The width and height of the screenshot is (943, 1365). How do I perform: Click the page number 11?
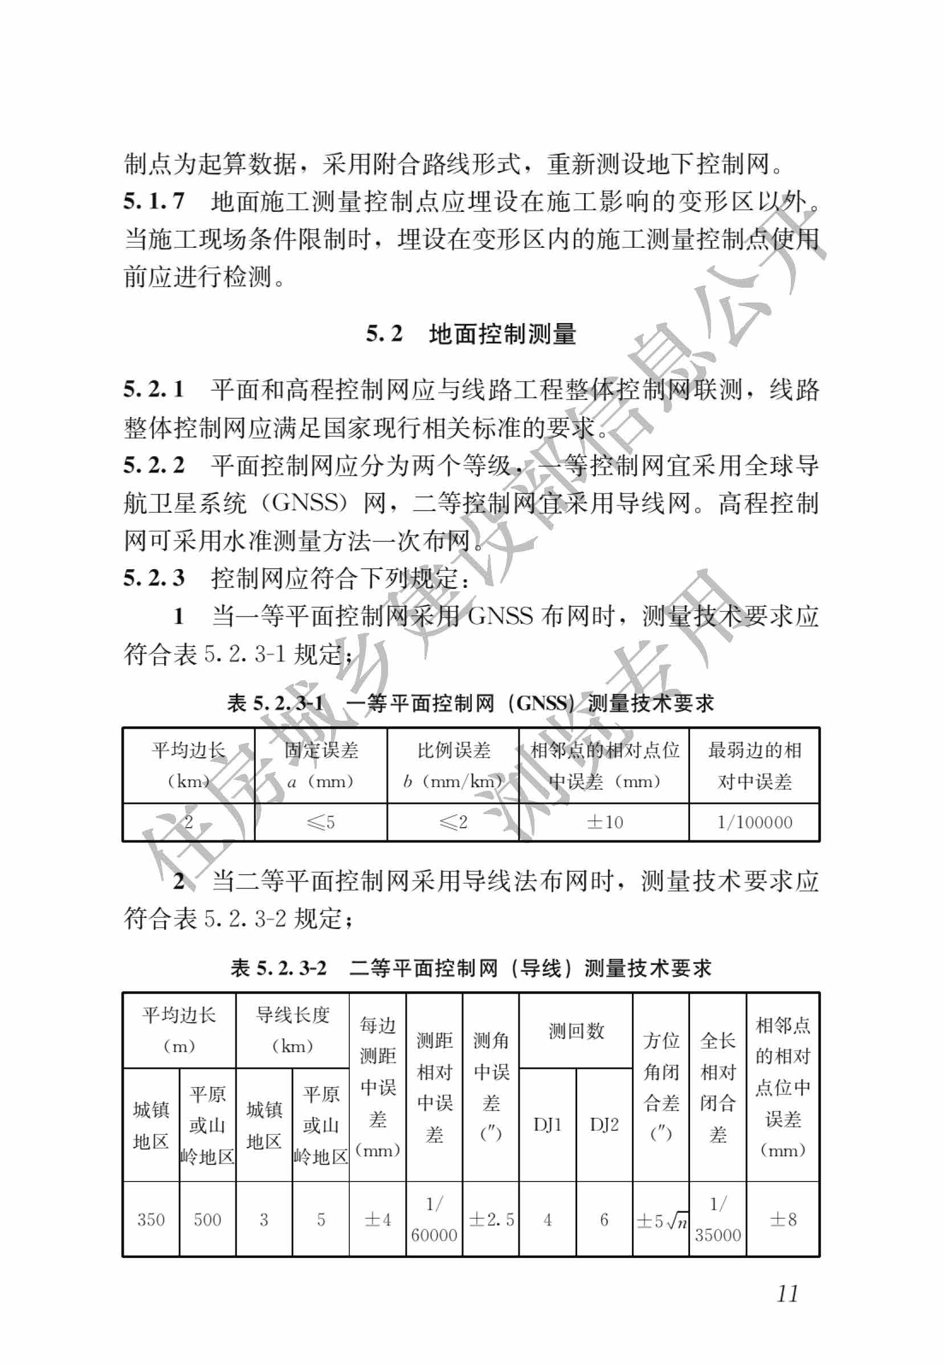(787, 1293)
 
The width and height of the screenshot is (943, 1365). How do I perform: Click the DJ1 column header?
(547, 1125)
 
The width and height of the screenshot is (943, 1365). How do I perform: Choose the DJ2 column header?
(604, 1125)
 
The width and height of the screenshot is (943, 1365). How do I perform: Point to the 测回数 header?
(575, 1031)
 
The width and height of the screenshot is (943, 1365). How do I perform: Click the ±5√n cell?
(661, 1220)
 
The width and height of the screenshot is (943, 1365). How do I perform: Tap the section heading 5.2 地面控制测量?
(471, 334)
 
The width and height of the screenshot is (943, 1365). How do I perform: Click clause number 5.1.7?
(154, 202)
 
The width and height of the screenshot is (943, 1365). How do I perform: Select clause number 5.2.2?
(154, 465)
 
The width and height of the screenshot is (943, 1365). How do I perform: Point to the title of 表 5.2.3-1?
(471, 703)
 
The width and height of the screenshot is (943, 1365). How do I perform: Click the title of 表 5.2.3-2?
(471, 968)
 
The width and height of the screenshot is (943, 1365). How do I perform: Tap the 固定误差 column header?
(321, 766)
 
